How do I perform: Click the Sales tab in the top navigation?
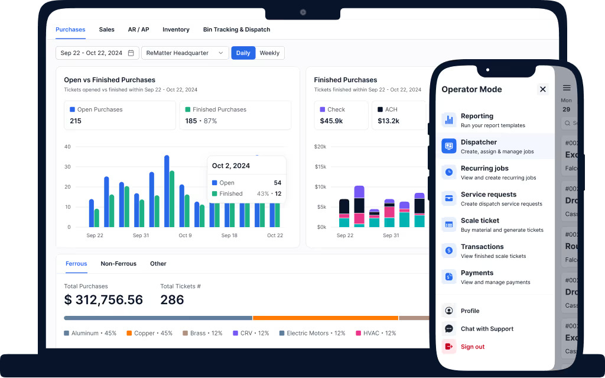pyautogui.click(x=106, y=30)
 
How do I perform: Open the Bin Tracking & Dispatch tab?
pyautogui.click(x=236, y=30)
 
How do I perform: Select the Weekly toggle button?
pyautogui.click(x=269, y=53)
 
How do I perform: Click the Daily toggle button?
pyautogui.click(x=243, y=53)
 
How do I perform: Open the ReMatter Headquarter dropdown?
pyautogui.click(x=185, y=53)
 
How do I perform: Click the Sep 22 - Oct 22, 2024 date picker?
pyautogui.click(x=97, y=53)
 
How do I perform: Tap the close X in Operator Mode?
pyautogui.click(x=542, y=89)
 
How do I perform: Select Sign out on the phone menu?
pyautogui.click(x=472, y=347)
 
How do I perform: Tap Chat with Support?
pyautogui.click(x=487, y=329)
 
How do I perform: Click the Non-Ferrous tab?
pyautogui.click(x=118, y=264)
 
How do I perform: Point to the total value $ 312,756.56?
pyautogui.click(x=103, y=300)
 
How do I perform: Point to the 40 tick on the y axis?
pyautogui.click(x=67, y=147)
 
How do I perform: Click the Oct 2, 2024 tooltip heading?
pyautogui.click(x=231, y=166)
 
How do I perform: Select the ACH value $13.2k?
pyautogui.click(x=388, y=121)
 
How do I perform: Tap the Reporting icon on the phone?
pyautogui.click(x=449, y=120)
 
